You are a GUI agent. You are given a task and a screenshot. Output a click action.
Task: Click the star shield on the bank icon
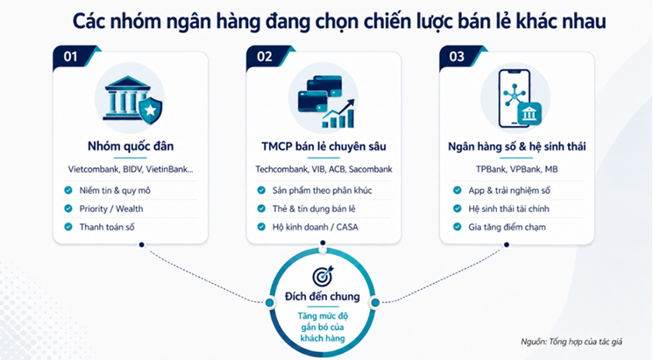151,110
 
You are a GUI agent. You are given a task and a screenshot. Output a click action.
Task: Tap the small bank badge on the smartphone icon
529,114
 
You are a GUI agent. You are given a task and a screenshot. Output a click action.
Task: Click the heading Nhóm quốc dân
131,146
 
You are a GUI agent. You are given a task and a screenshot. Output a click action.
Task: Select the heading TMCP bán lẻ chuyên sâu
323,146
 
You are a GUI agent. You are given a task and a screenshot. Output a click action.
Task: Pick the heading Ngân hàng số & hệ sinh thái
517,146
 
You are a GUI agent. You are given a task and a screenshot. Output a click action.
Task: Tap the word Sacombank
370,169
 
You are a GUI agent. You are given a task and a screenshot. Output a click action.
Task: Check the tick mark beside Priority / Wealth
68,208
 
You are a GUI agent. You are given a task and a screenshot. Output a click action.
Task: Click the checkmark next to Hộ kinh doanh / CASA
261,227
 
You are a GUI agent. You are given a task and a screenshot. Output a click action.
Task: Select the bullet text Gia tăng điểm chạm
507,227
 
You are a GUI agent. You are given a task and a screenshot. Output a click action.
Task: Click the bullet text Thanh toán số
107,227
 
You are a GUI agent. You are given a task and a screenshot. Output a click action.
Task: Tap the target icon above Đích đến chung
323,276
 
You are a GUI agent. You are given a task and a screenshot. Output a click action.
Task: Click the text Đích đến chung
323,296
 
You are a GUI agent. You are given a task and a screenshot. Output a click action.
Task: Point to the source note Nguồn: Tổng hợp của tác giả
571,342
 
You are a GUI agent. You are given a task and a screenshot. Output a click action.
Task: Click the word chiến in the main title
389,21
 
